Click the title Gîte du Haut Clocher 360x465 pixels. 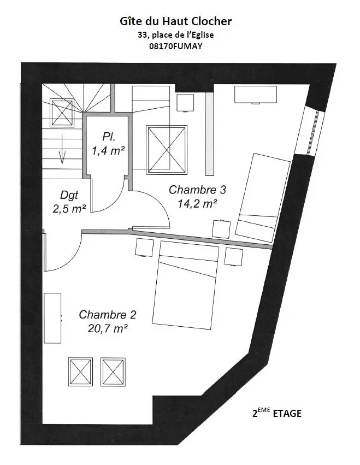(x=175, y=21)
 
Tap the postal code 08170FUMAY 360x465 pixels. (x=175, y=46)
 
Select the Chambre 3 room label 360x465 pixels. (x=198, y=190)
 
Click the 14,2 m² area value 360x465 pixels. (x=197, y=204)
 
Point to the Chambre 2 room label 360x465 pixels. (x=108, y=315)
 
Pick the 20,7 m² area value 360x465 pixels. (x=108, y=328)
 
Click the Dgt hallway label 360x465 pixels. (x=69, y=196)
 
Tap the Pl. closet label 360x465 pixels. (x=109, y=137)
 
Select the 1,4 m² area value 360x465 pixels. (x=108, y=151)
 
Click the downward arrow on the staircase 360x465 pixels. (x=62, y=149)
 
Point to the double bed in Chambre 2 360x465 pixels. (x=185, y=285)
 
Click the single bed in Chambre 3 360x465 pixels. (x=263, y=198)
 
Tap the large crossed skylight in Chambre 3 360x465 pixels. (x=167, y=150)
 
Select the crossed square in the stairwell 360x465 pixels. (x=62, y=113)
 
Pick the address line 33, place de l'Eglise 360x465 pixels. (x=175, y=34)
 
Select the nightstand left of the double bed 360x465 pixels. (x=144, y=247)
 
